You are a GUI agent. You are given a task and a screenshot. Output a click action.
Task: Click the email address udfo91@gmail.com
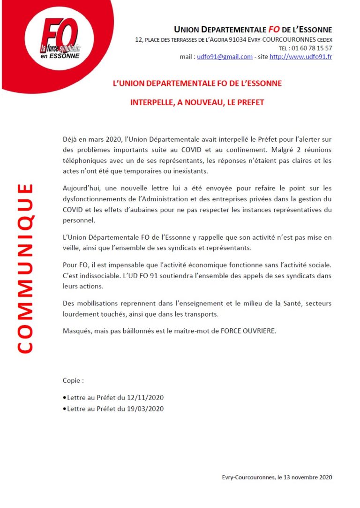[x=225, y=57]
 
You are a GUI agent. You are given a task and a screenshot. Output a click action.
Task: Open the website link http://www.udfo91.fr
[x=301, y=57]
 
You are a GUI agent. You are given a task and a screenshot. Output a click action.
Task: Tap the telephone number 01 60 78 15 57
[x=312, y=48]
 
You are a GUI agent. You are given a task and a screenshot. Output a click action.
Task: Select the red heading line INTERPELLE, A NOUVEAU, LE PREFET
[x=197, y=102]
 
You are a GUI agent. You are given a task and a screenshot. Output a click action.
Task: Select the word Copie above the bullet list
[x=72, y=380]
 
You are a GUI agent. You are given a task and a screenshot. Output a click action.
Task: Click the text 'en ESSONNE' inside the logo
[x=60, y=55]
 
